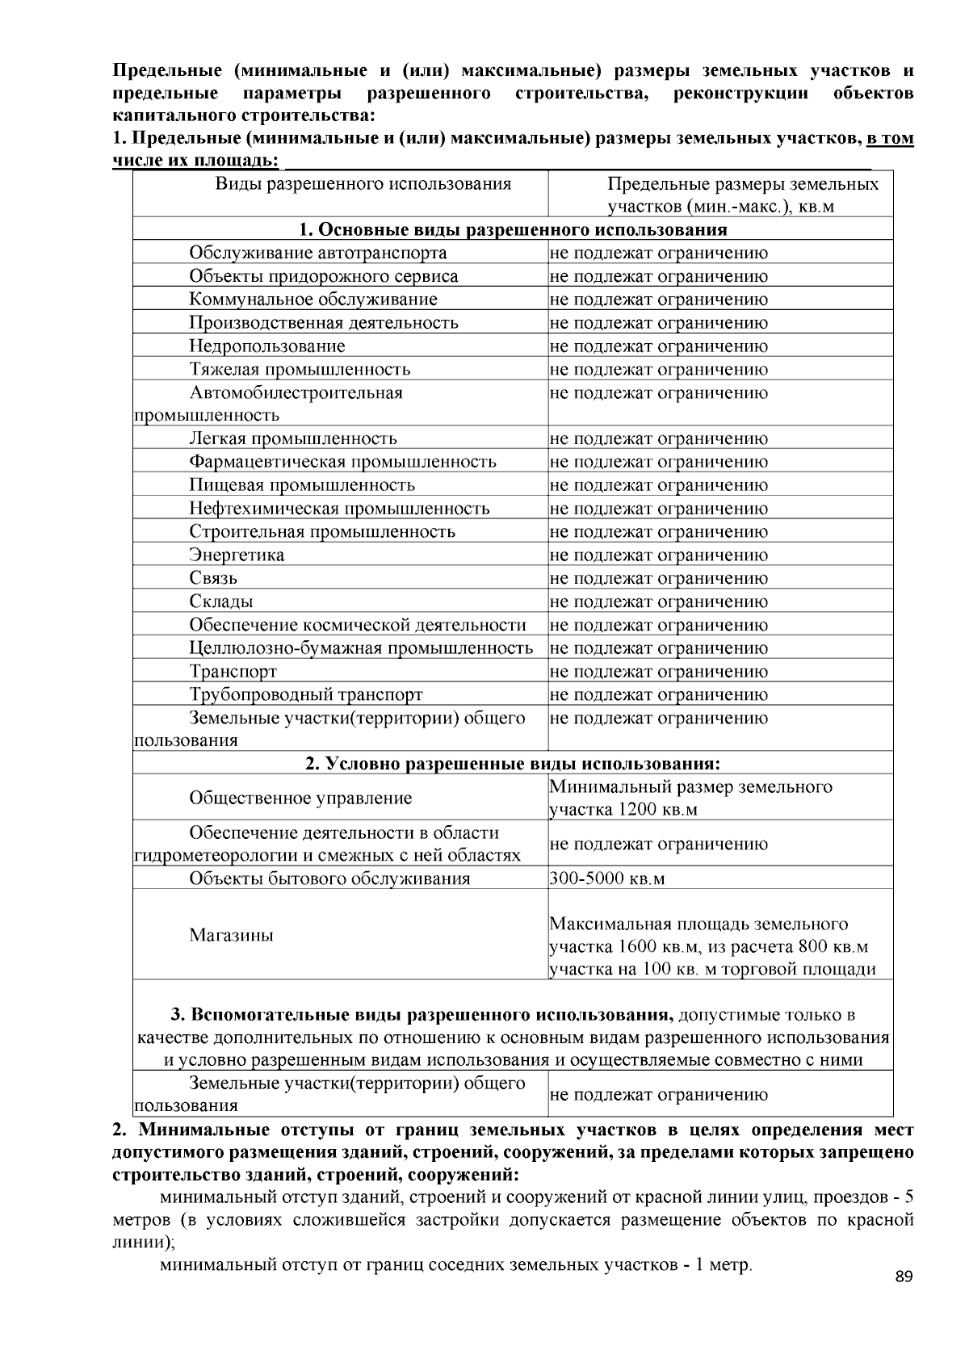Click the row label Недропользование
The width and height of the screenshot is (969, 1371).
[266, 346]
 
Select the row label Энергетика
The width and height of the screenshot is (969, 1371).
[237, 556]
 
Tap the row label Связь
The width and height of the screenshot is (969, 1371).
[213, 579]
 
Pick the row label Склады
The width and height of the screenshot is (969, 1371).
[221, 602]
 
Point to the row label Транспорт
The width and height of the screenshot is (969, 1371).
[233, 672]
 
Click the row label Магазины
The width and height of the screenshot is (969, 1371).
[231, 936]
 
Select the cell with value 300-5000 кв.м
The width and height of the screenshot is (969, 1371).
[607, 878]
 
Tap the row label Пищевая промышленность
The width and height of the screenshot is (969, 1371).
[302, 485]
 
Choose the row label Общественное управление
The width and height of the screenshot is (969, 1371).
[300, 799]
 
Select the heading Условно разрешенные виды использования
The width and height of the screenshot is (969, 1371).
[513, 764]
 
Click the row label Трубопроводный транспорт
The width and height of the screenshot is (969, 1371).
[305, 695]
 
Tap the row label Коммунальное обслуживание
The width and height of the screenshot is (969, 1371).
[313, 300]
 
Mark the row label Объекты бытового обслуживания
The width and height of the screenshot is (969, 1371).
[329, 878]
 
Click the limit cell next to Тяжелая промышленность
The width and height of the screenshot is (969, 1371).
[658, 370]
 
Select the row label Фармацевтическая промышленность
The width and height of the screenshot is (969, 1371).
[342, 462]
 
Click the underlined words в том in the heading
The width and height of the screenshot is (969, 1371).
[889, 139]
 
